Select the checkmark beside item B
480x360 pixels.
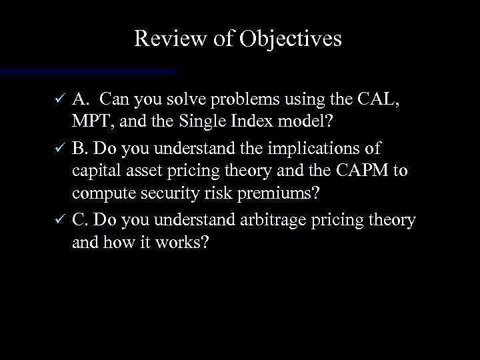click(59, 147)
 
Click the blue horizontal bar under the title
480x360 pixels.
click(87, 70)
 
